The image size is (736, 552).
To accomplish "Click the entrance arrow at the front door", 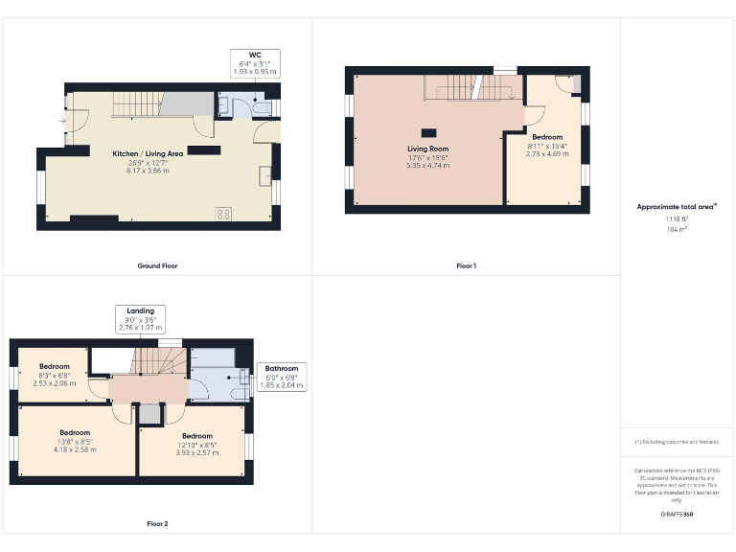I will pyautogui.click(x=62, y=122).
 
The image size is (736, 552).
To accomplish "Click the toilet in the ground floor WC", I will pyautogui.click(x=263, y=107).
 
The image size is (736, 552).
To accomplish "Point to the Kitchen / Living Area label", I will pyautogui.click(x=148, y=153).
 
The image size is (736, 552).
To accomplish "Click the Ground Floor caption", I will pyautogui.click(x=157, y=265).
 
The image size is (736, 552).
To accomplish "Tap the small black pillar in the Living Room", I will pyautogui.click(x=428, y=131).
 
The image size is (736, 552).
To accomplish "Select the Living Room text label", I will pyautogui.click(x=427, y=149).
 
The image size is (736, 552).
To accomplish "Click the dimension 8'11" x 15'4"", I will pyautogui.click(x=548, y=146).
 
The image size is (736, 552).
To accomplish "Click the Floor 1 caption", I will pyautogui.click(x=466, y=265).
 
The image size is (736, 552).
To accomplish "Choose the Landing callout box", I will pyautogui.click(x=140, y=318).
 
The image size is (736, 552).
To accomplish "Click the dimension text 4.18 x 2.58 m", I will pyautogui.click(x=75, y=449).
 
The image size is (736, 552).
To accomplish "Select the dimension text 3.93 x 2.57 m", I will pyautogui.click(x=196, y=452).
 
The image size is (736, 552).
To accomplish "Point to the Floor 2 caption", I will pyautogui.click(x=157, y=524).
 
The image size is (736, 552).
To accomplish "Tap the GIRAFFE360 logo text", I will pyautogui.click(x=677, y=515).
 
